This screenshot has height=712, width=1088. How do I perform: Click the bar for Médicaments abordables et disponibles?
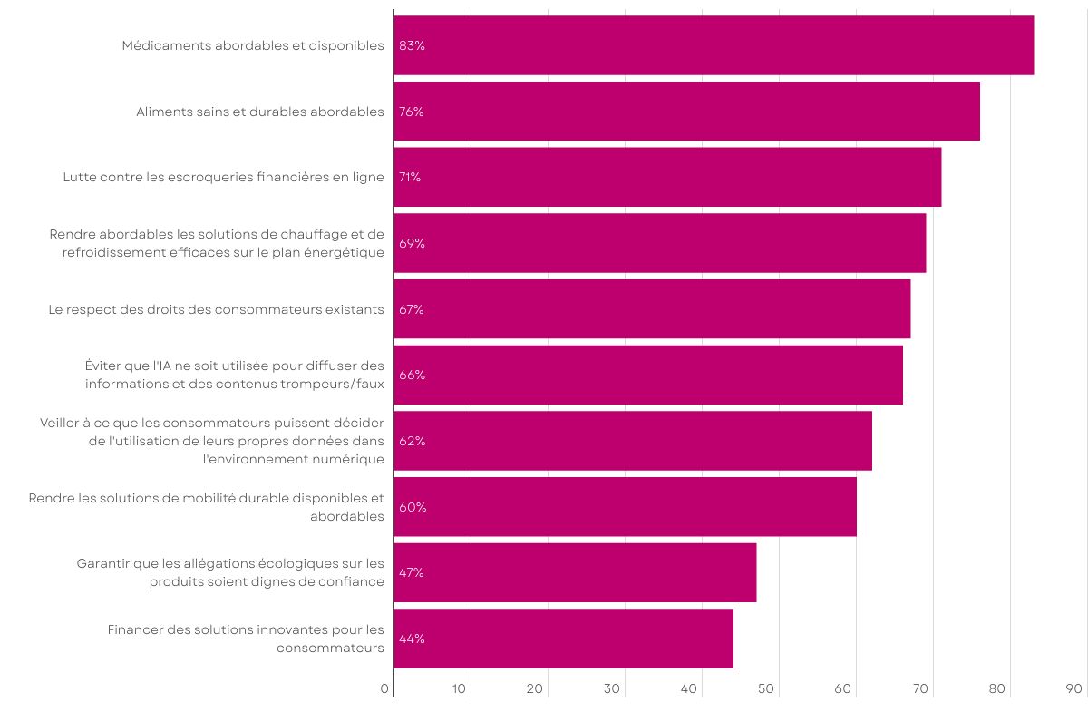[x=714, y=45]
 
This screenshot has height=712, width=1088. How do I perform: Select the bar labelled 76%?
[x=686, y=112]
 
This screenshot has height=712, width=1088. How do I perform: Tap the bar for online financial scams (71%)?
[x=667, y=177]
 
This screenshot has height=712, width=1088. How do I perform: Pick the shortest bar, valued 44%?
[x=563, y=639]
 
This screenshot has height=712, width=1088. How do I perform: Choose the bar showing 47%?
[x=575, y=572]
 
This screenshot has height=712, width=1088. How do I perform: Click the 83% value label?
[x=412, y=46]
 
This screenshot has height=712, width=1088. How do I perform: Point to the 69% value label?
[x=412, y=243]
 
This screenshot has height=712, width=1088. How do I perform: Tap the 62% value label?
[x=412, y=441]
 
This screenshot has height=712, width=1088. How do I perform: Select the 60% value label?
[x=413, y=507]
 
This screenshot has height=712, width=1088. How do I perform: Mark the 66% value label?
[x=412, y=375]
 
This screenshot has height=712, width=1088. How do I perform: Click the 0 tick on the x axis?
[x=385, y=689]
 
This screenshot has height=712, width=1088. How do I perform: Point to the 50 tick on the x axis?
[x=766, y=689]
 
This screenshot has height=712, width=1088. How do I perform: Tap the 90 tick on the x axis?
[x=1074, y=689]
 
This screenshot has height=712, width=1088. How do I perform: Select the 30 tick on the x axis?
[x=612, y=689]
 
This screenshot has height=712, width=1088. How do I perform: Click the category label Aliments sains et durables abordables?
[x=260, y=112]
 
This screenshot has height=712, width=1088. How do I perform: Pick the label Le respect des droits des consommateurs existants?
[x=217, y=309]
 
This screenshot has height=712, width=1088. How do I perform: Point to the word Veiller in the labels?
[x=59, y=423]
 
